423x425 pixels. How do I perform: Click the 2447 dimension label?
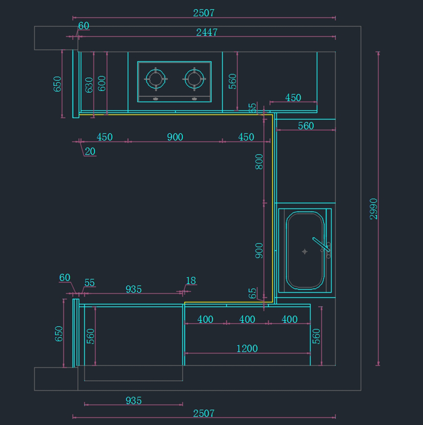pyautogui.click(x=207, y=32)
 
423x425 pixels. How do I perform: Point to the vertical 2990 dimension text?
pyautogui.click(x=374, y=209)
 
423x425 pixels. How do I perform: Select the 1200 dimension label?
pyautogui.click(x=247, y=349)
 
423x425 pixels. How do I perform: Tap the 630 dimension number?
pyautogui.click(x=89, y=85)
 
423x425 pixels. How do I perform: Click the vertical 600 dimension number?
pyautogui.click(x=102, y=84)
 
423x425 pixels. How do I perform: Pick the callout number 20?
pyautogui.click(x=90, y=151)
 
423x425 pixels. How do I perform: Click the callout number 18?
pyautogui.click(x=191, y=281)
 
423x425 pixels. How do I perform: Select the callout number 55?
pyautogui.click(x=90, y=283)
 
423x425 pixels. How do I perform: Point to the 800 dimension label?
pyautogui.click(x=259, y=162)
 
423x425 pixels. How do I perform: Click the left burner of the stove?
pyautogui.click(x=156, y=79)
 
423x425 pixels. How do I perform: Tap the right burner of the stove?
pyautogui.click(x=194, y=79)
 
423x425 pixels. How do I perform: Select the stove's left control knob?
pyautogui.click(x=155, y=99)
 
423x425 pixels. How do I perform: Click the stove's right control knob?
pyautogui.click(x=194, y=99)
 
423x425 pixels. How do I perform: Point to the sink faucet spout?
pyautogui.click(x=321, y=244)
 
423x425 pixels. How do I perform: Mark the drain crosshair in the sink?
pyautogui.click(x=305, y=251)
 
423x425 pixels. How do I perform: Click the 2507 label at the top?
pyautogui.click(x=204, y=13)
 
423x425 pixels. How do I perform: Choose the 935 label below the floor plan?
pyautogui.click(x=134, y=401)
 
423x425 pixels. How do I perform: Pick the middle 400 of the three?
pyautogui.click(x=247, y=319)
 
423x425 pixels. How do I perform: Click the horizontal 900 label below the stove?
pyautogui.click(x=175, y=137)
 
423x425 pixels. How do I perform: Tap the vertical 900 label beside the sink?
pyautogui.click(x=259, y=251)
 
